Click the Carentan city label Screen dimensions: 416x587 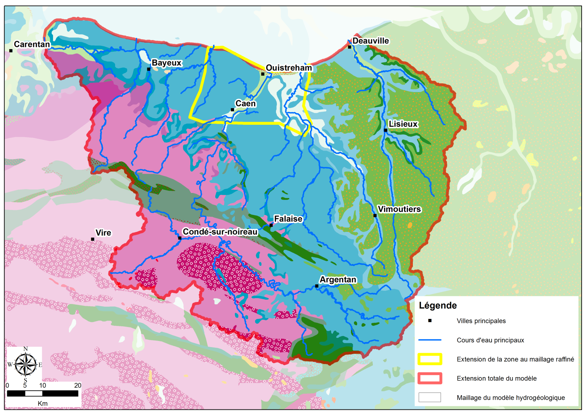coord(32,44)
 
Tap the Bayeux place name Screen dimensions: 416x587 coord(166,63)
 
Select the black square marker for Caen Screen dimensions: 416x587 coord(232,110)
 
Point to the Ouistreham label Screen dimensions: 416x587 coord(289,68)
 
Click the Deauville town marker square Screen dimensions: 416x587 coord(349,47)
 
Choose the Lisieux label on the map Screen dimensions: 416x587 coord(403,124)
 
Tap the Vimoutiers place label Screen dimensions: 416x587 coord(399,209)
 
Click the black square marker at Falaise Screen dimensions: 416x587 coord(271,225)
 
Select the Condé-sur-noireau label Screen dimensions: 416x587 coord(220,232)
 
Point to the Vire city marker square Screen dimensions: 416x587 coord(93,239)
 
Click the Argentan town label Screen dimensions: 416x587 coord(338,280)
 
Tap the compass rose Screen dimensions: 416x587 coord(25,364)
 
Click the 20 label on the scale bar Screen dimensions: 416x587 coord(78,385)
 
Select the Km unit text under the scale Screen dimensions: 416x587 coord(43,403)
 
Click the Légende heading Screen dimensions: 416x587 coord(437,305)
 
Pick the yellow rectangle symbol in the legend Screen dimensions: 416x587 coord(430,359)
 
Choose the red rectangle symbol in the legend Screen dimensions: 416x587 coord(430,378)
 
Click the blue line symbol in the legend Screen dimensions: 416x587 coord(430,340)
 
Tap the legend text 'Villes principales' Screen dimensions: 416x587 coord(481,321)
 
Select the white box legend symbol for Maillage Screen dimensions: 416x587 coord(430,398)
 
